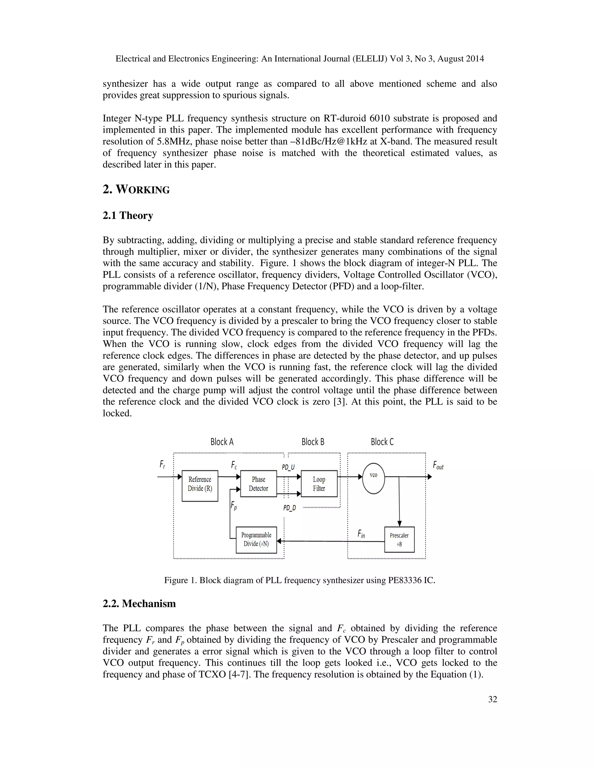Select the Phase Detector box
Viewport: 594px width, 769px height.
[258, 483]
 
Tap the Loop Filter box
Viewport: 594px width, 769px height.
[319, 483]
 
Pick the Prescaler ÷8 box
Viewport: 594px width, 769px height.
[399, 539]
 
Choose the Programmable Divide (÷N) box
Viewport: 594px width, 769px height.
[256, 539]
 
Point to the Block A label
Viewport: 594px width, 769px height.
[222, 442]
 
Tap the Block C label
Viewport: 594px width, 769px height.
[382, 442]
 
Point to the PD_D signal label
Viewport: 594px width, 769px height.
[289, 508]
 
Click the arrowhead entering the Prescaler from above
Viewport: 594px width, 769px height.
[399, 524]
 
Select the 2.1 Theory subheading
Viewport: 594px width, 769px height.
[128, 216]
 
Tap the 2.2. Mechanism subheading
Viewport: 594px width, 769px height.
[139, 604]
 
